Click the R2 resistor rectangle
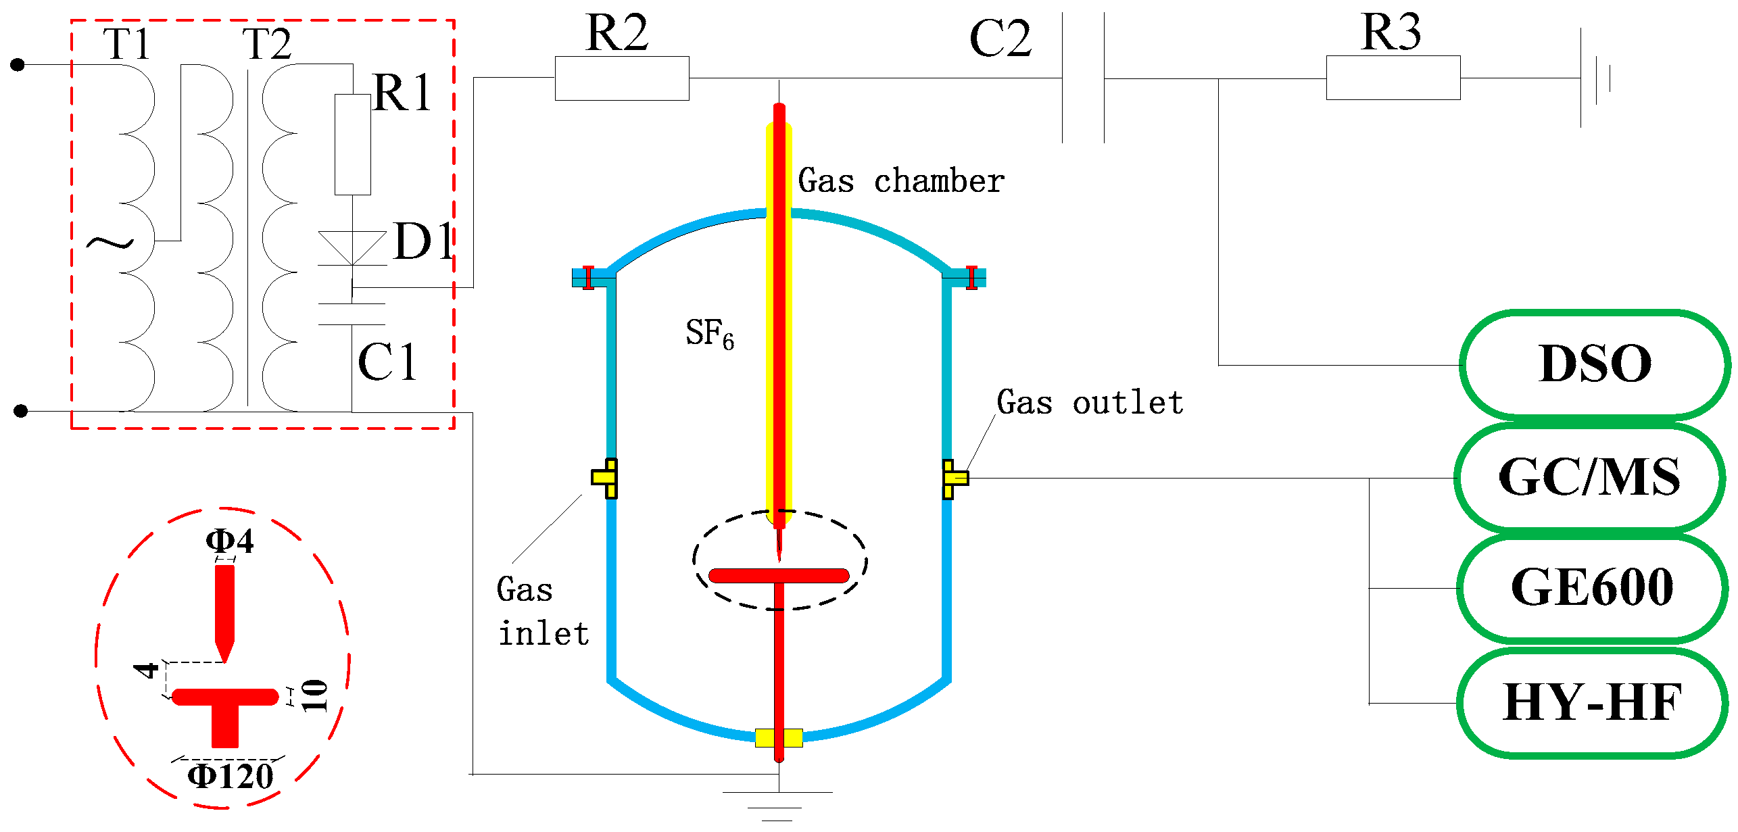[x=622, y=78]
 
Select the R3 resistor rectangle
[x=1393, y=78]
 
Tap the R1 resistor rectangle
[x=353, y=145]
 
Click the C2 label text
[x=1000, y=39]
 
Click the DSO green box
[x=1595, y=365]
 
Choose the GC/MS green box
[x=1589, y=478]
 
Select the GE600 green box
[x=1592, y=588]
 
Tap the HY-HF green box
[x=1592, y=703]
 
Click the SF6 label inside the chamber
[x=709, y=334]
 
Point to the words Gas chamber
[x=901, y=181]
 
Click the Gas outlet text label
[x=1090, y=403]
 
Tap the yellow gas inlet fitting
[x=606, y=479]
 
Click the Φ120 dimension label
[x=231, y=777]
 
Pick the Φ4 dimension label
[x=230, y=541]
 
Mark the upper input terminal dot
[x=18, y=65]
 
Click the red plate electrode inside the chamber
[x=778, y=576]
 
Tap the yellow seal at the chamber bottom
[x=779, y=737]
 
